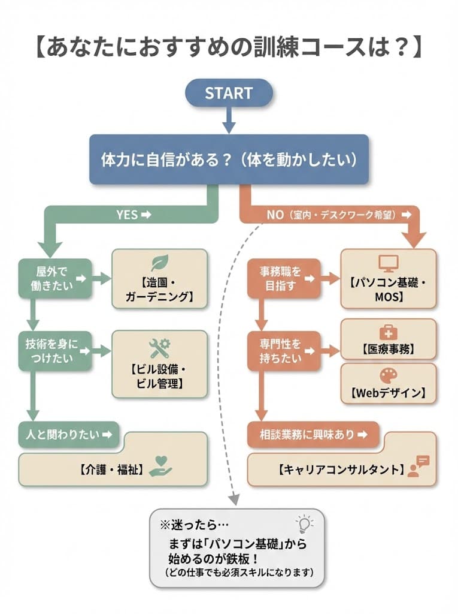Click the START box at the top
(x=229, y=94)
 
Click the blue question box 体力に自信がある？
(x=229, y=159)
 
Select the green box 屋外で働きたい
(x=54, y=278)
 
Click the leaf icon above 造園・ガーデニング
(x=159, y=263)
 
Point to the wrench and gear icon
(x=159, y=346)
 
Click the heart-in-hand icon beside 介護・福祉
(x=160, y=466)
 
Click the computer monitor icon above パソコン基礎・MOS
(x=388, y=263)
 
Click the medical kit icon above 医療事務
(x=388, y=332)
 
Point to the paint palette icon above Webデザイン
(x=388, y=376)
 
